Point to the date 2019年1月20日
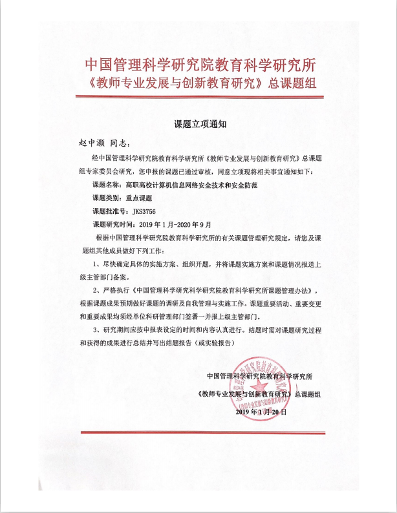coord(261,411)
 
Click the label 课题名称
coord(107,184)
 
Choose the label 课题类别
coord(107,198)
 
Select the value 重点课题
coord(140,198)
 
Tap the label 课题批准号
coord(111,211)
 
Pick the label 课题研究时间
coord(114,224)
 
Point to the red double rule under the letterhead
coord(198,97)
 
